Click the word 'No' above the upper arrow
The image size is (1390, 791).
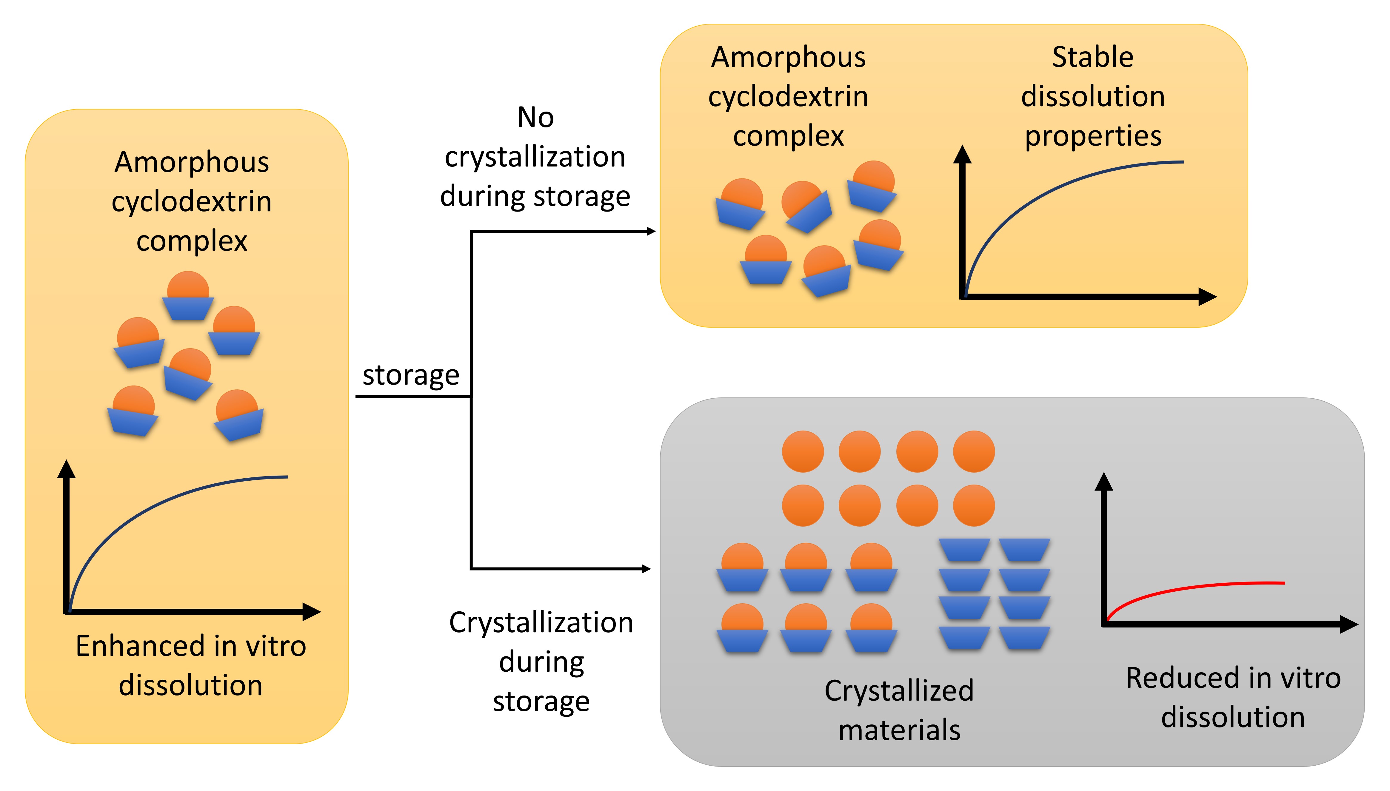tap(535, 117)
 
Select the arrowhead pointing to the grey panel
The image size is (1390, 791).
tap(646, 569)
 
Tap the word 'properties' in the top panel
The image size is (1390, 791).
tap(1093, 136)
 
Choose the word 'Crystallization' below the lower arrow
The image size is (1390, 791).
tap(541, 623)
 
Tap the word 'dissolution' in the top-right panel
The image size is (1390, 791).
tap(1093, 97)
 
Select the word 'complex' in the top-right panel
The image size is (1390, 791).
tap(789, 136)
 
